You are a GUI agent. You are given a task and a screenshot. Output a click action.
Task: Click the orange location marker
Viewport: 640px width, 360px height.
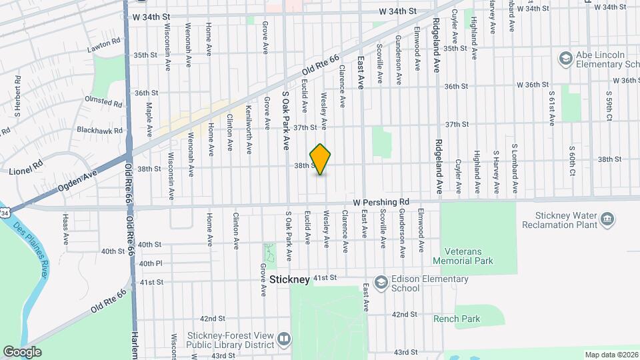[x=321, y=159]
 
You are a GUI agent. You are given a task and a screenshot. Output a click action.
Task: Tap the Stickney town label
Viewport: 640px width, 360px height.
[x=285, y=279]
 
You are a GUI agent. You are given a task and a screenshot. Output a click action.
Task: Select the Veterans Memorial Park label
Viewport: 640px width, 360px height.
[x=463, y=256]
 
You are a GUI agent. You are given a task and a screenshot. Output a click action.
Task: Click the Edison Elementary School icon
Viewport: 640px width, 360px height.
[x=381, y=282]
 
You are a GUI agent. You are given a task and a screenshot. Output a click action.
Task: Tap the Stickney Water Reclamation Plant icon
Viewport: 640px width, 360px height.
[x=607, y=219]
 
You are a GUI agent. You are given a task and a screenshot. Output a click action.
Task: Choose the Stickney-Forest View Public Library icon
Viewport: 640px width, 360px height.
[x=283, y=339]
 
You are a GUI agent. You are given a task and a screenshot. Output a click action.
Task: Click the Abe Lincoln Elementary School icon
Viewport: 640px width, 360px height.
[x=566, y=59]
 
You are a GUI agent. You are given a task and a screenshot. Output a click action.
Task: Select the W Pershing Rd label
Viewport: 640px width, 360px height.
[x=381, y=202]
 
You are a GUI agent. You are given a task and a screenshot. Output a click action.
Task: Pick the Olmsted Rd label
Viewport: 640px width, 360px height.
[x=103, y=101]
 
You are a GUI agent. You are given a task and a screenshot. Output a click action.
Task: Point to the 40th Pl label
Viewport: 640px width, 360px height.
[x=151, y=263]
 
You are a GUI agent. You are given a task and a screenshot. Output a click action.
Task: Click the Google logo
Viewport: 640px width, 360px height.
[x=22, y=352]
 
